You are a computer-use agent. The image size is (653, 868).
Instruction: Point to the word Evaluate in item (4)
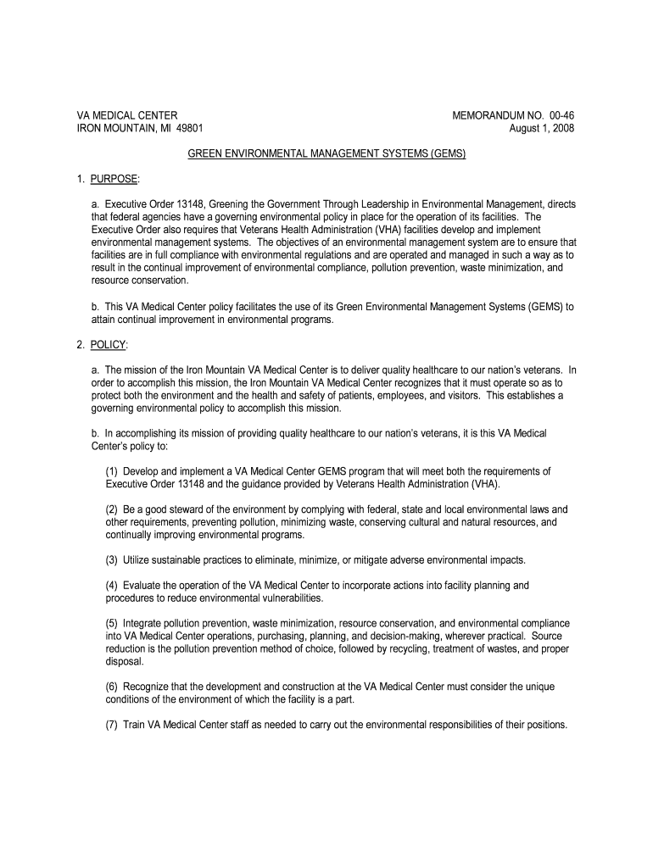[144, 586]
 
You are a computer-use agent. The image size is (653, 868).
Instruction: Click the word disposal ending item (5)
[124, 661]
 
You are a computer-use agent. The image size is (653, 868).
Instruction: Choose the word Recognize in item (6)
[149, 687]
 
